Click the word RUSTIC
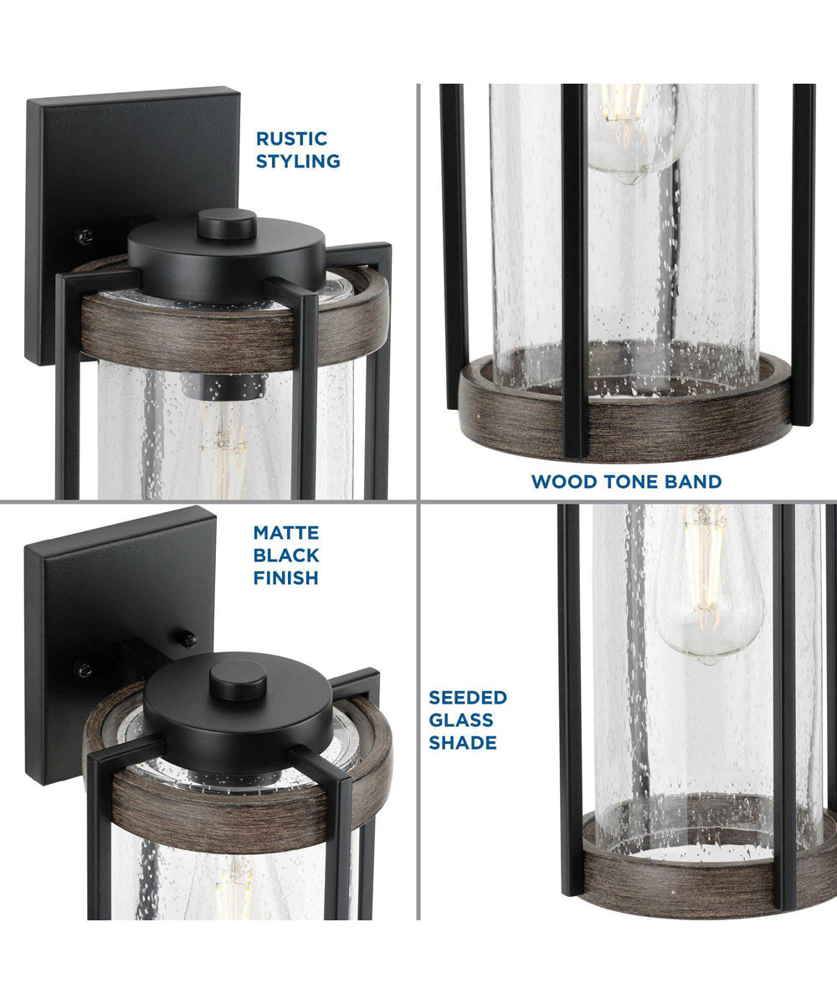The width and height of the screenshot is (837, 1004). click(291, 139)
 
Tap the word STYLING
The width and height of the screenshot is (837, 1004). click(298, 161)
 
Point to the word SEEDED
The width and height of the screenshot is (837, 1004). click(468, 698)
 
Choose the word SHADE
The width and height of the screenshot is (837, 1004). click(463, 742)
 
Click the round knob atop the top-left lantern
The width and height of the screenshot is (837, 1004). click(227, 223)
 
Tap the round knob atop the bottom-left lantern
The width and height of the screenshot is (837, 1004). click(238, 679)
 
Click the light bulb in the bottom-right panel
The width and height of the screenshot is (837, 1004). click(707, 586)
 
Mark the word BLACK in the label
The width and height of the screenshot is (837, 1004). click(288, 555)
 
